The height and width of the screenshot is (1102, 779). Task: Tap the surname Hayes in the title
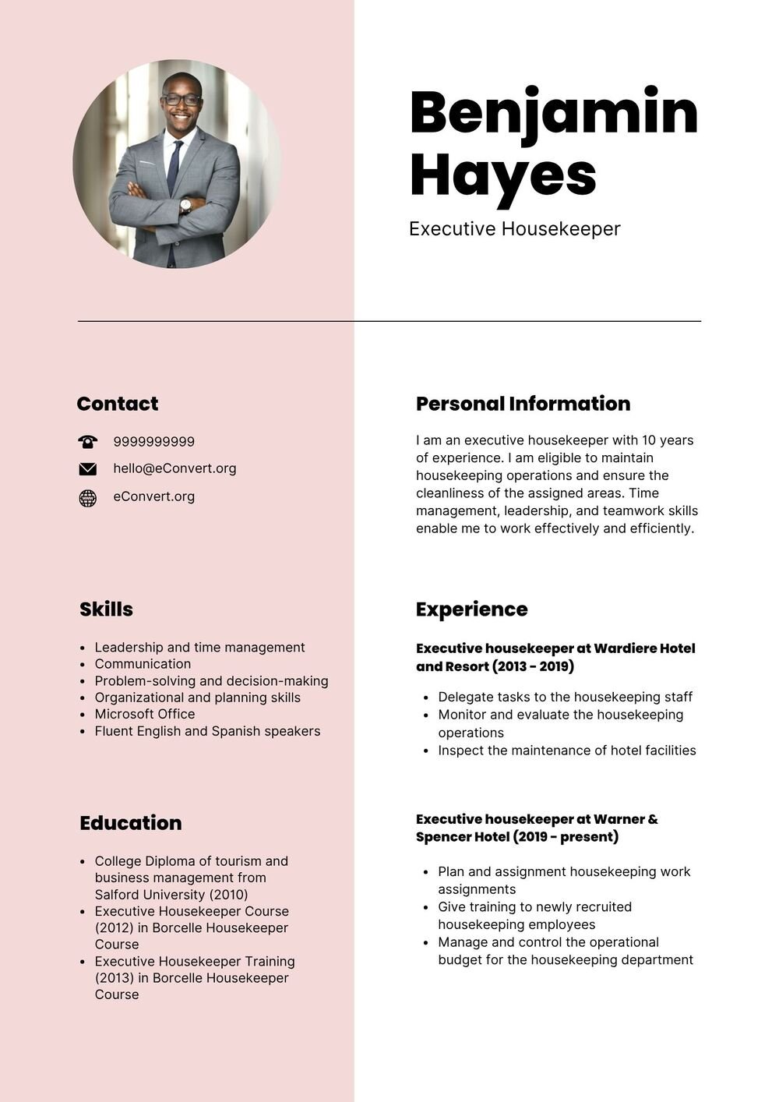(502, 175)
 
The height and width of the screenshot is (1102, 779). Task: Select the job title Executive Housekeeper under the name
(514, 229)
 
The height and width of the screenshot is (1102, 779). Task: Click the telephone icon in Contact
(88, 442)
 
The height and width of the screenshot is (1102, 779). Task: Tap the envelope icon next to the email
(88, 469)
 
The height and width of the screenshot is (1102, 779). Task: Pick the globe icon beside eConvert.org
(88, 498)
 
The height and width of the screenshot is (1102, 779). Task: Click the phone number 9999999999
(154, 442)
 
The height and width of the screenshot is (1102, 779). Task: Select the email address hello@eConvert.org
(174, 468)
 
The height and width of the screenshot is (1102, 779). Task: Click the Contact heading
(118, 404)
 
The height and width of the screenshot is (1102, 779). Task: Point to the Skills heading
(106, 609)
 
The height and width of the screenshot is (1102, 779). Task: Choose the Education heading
(130, 823)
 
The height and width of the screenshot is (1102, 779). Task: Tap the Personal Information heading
(523, 404)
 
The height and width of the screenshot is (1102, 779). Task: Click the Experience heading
(471, 609)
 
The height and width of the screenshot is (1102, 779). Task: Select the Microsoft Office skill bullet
(145, 714)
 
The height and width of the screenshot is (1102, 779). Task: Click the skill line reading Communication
(143, 664)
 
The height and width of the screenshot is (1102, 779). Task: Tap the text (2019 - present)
(566, 837)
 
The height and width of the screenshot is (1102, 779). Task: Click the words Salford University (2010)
(171, 895)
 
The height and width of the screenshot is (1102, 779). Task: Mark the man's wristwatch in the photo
(185, 206)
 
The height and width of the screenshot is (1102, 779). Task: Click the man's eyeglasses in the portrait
(182, 100)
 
